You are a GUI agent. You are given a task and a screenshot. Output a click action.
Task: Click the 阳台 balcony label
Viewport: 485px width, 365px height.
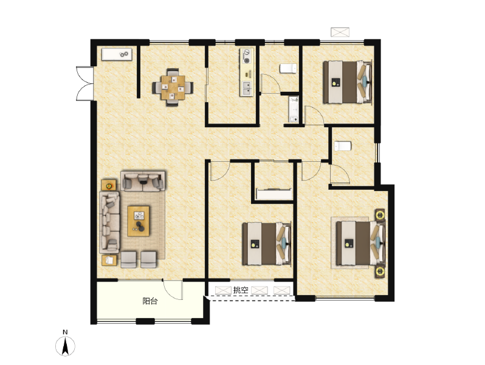[x=150, y=301]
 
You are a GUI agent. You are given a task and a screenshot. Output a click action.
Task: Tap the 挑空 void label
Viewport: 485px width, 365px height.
[x=241, y=290]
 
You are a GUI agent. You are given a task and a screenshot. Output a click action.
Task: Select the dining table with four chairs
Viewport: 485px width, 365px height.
[x=173, y=88]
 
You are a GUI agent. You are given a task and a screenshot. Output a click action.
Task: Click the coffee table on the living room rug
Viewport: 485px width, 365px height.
[x=139, y=221]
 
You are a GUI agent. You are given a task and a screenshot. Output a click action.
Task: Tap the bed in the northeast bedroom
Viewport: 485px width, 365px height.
[x=347, y=82]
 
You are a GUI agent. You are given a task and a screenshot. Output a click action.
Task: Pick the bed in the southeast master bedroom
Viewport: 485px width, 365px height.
[x=360, y=243]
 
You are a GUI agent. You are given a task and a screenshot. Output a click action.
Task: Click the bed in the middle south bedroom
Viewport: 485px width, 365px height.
[x=266, y=244]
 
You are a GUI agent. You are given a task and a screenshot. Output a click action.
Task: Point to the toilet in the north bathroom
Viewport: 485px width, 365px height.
[x=288, y=68]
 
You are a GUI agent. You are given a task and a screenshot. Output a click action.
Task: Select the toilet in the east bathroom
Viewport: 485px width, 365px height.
[x=343, y=146]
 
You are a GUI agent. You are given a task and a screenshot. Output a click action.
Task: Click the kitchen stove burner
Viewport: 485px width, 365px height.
[x=247, y=56]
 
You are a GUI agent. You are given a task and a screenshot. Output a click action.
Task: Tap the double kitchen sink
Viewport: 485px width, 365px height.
[x=247, y=88]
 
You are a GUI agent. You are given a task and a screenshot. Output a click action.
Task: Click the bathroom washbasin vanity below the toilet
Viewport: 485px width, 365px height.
[x=294, y=109]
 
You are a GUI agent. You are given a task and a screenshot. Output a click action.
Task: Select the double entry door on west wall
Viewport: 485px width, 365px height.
[x=85, y=83]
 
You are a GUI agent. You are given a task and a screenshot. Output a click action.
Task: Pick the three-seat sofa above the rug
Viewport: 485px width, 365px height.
[x=143, y=181]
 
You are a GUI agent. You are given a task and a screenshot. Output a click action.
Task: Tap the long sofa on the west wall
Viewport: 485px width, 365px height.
[x=109, y=222]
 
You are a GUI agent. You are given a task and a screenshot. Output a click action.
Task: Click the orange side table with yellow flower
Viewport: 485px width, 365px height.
[x=109, y=185]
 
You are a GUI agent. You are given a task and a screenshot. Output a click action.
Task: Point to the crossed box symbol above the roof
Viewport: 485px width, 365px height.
[x=340, y=32]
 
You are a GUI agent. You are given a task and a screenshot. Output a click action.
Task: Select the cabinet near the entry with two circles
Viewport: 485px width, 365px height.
[x=117, y=54]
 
